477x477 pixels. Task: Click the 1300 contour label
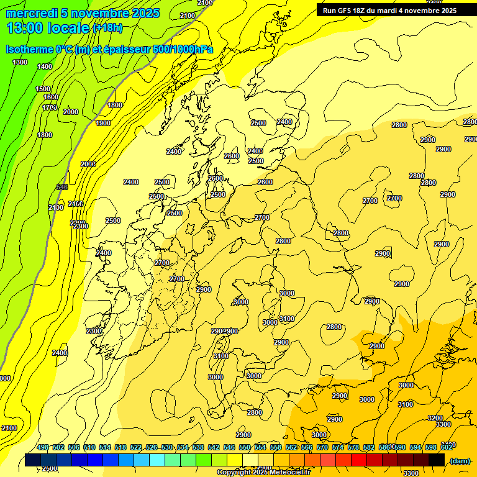[20, 62]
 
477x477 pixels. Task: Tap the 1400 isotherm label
[45, 66]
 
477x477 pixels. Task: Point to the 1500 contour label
[43, 89]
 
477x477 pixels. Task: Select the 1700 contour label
[50, 107]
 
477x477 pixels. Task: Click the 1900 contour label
[103, 123]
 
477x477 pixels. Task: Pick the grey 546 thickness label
[62, 187]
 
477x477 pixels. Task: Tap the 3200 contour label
[435, 418]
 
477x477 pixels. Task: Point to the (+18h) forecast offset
[107, 27]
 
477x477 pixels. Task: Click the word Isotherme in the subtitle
[29, 50]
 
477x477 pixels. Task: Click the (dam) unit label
[460, 460]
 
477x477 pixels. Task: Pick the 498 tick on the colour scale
[43, 447]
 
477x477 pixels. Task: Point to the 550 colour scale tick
[245, 447]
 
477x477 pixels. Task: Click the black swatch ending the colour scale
[437, 460]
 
